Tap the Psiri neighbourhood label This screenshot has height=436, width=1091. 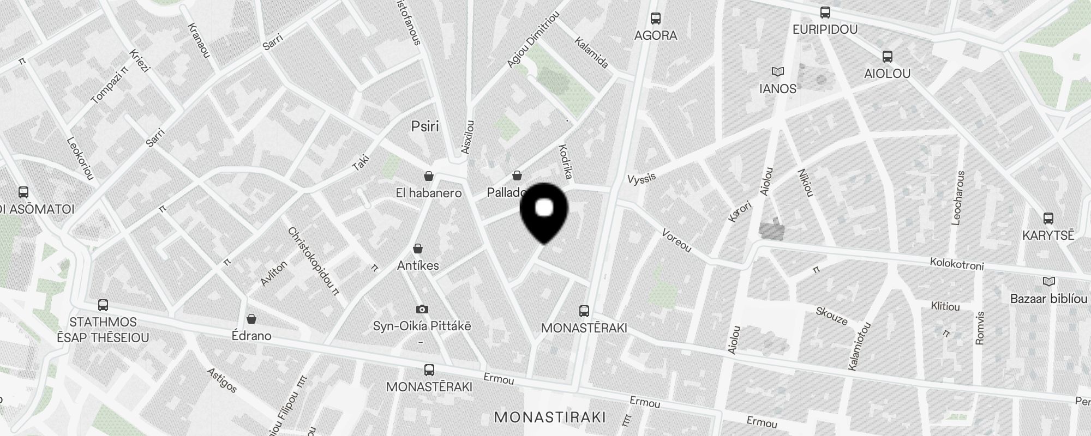425,126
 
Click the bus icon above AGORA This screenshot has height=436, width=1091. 656,19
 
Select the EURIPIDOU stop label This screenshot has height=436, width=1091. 825,29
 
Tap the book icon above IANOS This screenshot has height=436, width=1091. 778,71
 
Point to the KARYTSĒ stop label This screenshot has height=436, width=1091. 1048,235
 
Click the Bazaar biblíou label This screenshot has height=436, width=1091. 1048,299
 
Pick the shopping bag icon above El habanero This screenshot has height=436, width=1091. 429,176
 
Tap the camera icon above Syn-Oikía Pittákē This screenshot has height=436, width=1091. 422,310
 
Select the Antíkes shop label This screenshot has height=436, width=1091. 418,266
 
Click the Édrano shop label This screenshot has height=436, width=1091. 251,335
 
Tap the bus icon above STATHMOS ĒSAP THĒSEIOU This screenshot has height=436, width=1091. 103,305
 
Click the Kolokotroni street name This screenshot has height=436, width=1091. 957,264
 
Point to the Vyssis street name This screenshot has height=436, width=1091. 642,179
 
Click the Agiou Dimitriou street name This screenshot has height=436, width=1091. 533,41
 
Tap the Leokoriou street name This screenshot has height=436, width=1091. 80,158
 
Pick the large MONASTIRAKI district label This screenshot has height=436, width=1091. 550,417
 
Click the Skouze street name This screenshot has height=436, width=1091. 831,316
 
